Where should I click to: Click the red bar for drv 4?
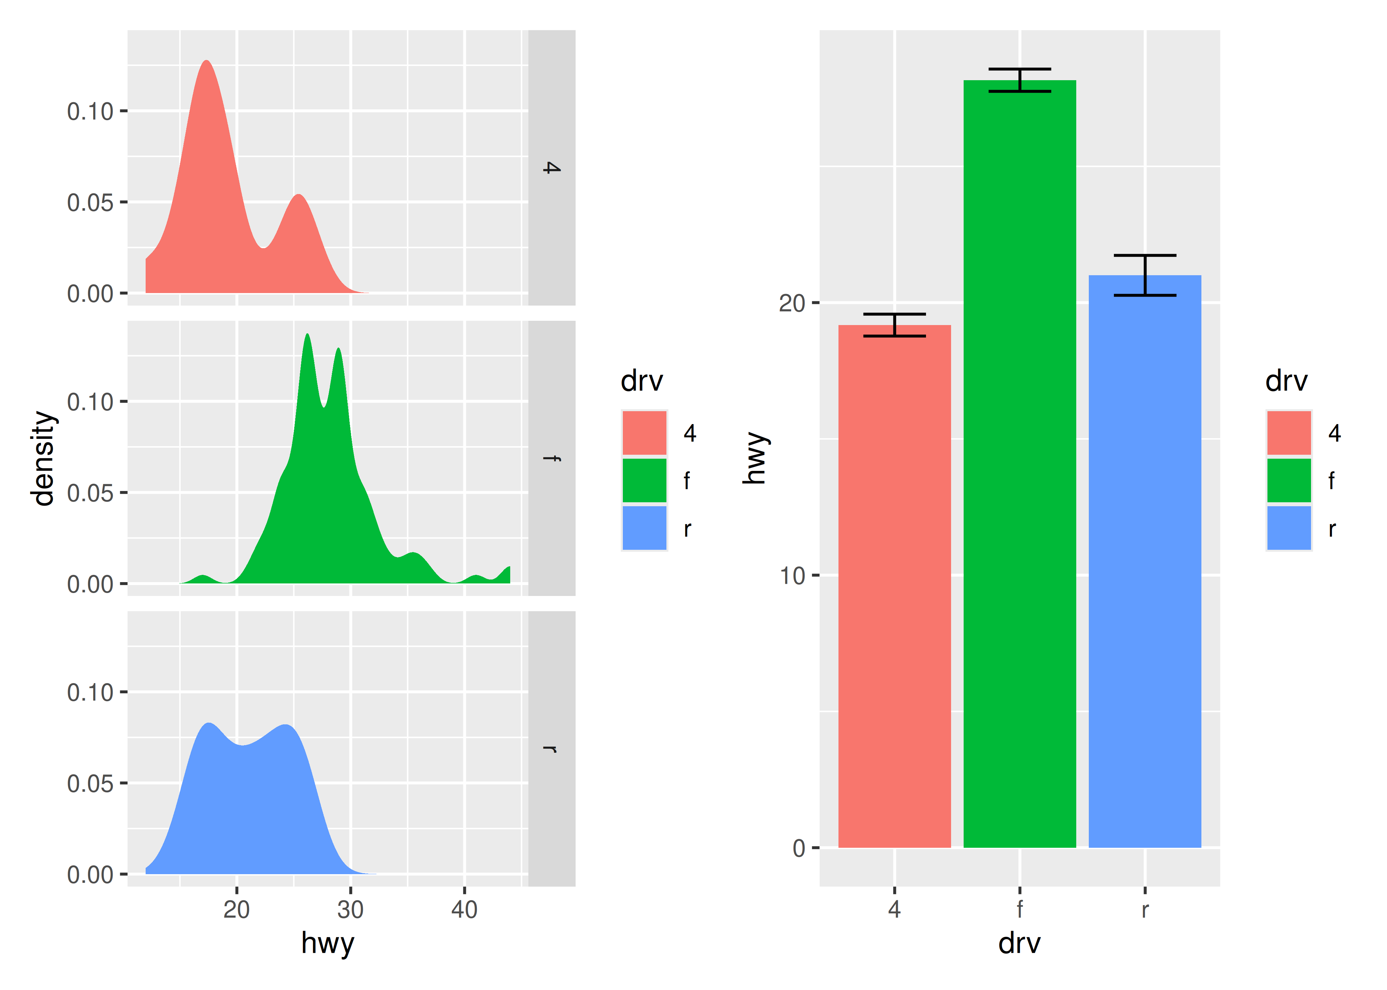(x=894, y=585)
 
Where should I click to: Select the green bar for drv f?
(x=1019, y=463)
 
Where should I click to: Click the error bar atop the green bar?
(x=1019, y=80)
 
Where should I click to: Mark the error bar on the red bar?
(x=894, y=325)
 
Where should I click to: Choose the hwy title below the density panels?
(x=328, y=943)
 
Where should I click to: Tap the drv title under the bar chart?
(x=1019, y=943)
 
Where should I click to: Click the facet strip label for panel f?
(x=551, y=458)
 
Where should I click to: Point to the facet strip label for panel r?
(x=551, y=748)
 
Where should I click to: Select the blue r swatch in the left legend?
(x=644, y=528)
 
